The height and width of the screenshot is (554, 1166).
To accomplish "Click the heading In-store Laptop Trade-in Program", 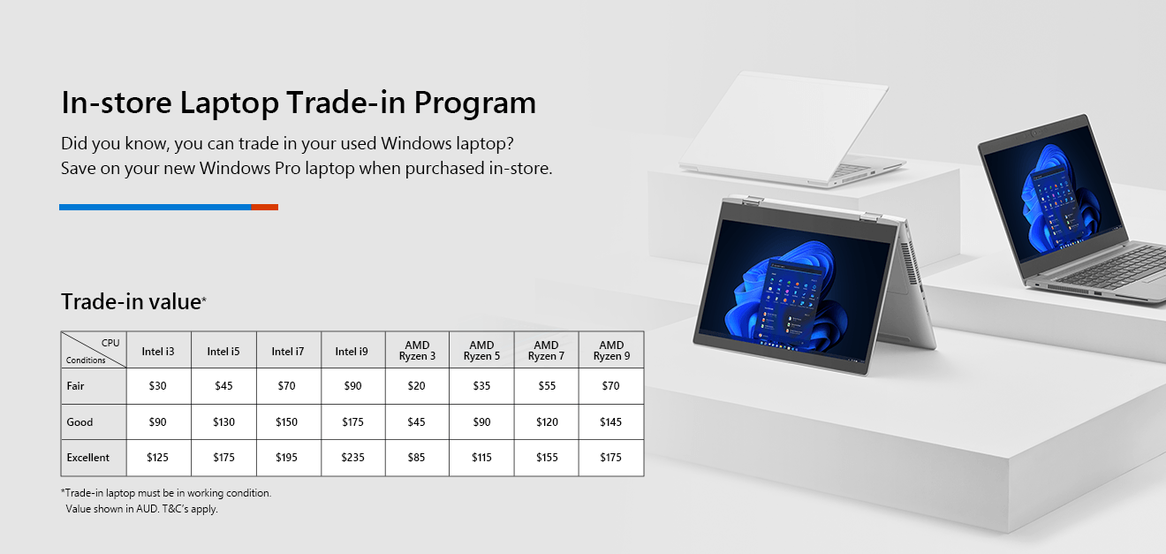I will click(299, 102).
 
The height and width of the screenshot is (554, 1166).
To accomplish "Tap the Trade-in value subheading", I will click(132, 301).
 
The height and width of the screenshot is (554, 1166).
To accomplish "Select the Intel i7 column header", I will click(288, 352).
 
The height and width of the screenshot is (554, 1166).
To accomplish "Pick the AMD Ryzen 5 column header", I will click(481, 351).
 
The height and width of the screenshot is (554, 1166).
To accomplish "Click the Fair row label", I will click(76, 386).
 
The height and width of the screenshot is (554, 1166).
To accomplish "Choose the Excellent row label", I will click(88, 458).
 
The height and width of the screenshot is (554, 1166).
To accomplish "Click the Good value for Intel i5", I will click(223, 422).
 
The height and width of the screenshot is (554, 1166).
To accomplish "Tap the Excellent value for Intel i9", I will click(352, 458).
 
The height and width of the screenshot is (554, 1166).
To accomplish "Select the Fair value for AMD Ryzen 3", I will click(417, 386).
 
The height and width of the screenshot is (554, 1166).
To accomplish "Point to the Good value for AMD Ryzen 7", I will click(547, 422).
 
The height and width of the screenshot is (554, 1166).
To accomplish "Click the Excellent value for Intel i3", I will click(158, 458).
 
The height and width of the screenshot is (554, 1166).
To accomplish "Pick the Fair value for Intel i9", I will click(352, 386).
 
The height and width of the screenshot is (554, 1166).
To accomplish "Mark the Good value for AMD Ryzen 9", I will click(610, 422).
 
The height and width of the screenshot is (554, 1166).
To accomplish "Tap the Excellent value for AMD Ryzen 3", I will click(417, 458).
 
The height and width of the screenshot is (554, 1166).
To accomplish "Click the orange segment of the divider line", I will click(264, 207).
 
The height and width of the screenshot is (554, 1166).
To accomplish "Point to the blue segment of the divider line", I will click(155, 207).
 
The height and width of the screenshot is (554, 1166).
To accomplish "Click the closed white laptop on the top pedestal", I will click(786, 128).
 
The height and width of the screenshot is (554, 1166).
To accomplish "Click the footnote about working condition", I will click(166, 493).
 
